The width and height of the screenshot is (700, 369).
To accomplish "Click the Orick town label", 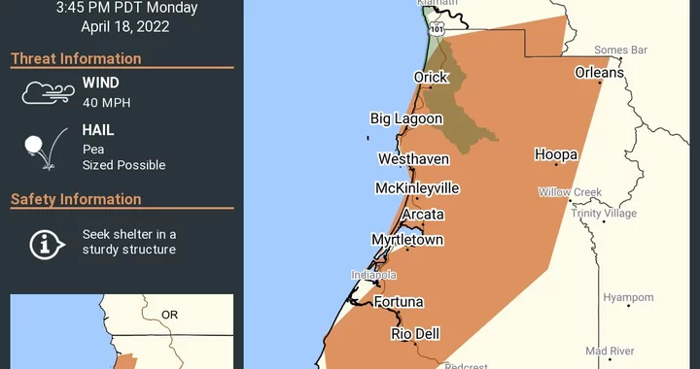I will pos(432,78).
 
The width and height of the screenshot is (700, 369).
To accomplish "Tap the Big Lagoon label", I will pos(406,118).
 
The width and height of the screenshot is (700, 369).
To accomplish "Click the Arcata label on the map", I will pos(423,214).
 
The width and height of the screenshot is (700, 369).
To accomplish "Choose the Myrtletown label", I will pos(407,239).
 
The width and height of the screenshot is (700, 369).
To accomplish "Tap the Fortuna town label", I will pos(401,302).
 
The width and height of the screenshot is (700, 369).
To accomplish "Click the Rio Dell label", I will pos(415,333).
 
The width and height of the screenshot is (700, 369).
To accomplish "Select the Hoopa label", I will pos(556,154).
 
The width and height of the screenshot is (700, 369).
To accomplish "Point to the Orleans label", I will pos(599,72).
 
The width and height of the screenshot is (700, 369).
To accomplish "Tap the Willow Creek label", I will pos(571,192).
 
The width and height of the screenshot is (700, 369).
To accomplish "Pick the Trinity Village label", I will pos(604,214).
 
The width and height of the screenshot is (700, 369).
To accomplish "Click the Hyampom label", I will pos(628,297).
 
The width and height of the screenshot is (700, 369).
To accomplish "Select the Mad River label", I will pos(611,351).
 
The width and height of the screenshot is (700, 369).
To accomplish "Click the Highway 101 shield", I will pos(437,31).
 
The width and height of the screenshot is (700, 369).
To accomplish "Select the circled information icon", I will pos(42,243).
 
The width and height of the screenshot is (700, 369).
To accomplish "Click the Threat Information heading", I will pos(76,58).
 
